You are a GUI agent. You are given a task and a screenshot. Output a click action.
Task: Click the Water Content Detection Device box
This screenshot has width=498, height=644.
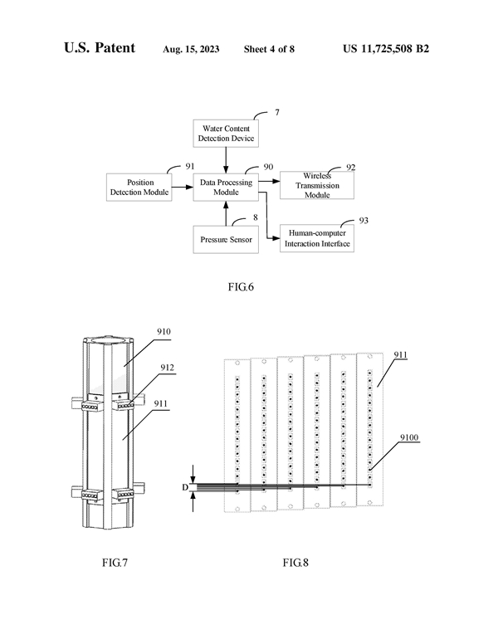coord(226,132)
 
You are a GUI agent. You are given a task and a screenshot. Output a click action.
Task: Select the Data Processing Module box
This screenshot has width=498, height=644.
coord(226,187)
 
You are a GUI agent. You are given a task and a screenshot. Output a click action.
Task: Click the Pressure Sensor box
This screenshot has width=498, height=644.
coord(226,239)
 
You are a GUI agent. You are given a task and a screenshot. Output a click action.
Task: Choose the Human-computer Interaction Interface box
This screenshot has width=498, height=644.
coord(317,239)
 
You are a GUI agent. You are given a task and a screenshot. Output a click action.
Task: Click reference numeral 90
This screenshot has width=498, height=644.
coord(268,168)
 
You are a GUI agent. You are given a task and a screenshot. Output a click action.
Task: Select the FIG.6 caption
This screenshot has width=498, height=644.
coord(240,288)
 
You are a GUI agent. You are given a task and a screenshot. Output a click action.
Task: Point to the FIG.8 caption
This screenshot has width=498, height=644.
coord(295,563)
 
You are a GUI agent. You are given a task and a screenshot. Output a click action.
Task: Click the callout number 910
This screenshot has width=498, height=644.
coord(163,331)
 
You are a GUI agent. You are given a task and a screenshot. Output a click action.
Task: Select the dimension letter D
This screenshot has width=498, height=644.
coord(184,487)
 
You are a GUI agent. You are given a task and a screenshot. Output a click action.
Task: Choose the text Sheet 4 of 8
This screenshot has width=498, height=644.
coord(269,49)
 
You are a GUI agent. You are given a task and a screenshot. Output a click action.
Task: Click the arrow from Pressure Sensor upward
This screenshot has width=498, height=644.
coord(226,215)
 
